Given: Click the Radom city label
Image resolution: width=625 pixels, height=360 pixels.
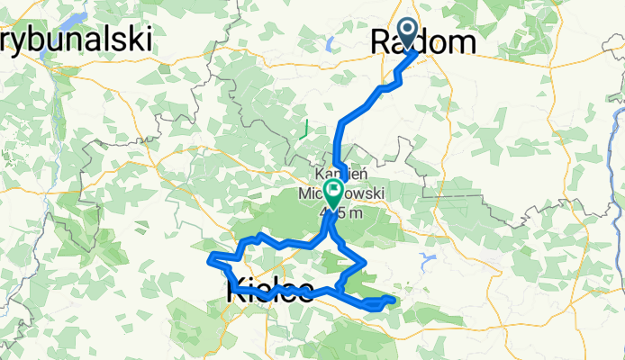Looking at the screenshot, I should coord(423,40).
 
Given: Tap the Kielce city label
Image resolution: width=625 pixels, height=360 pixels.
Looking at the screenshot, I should coord(270,290).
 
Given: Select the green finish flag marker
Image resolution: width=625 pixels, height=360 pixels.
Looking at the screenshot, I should coord(334,192).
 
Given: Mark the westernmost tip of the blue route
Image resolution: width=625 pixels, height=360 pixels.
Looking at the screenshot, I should coord(210,260).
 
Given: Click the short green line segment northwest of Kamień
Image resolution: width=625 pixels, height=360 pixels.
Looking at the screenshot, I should coord(306,126).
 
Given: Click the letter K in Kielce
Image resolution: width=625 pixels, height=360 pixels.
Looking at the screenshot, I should coord(236,290).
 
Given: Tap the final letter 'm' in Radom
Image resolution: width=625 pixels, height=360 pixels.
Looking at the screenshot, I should coord(463,41).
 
